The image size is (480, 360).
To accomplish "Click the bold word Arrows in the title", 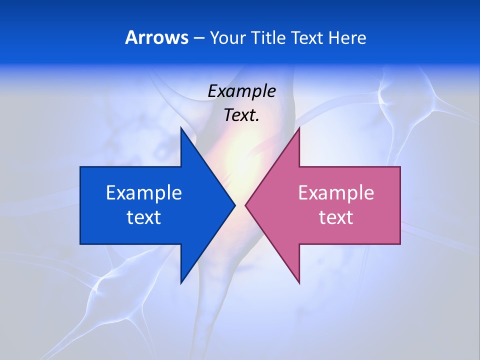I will tap(156, 38).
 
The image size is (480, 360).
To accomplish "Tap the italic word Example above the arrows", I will tap(241, 91).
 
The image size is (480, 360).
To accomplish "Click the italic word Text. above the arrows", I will tap(241, 115).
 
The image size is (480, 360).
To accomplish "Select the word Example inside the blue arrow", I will tap(144, 192).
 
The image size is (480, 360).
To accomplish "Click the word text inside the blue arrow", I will tap(144, 217).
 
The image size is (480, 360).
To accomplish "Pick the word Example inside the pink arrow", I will tap(336, 192).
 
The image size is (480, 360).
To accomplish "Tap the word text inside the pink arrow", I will tap(336, 217).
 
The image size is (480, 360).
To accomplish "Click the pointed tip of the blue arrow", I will tap(235, 205).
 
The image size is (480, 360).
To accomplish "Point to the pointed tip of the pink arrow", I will tap(245, 205).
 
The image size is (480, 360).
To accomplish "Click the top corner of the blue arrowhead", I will tap(181, 127).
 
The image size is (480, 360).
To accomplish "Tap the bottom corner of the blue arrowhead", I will tap(181, 283).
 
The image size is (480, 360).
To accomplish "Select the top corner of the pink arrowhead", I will tap(299, 127).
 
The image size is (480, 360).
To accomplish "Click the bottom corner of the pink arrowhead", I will tap(299, 283).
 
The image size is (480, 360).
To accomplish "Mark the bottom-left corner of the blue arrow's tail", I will tap(80, 244).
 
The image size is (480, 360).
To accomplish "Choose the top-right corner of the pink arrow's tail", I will tap(400, 167).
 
